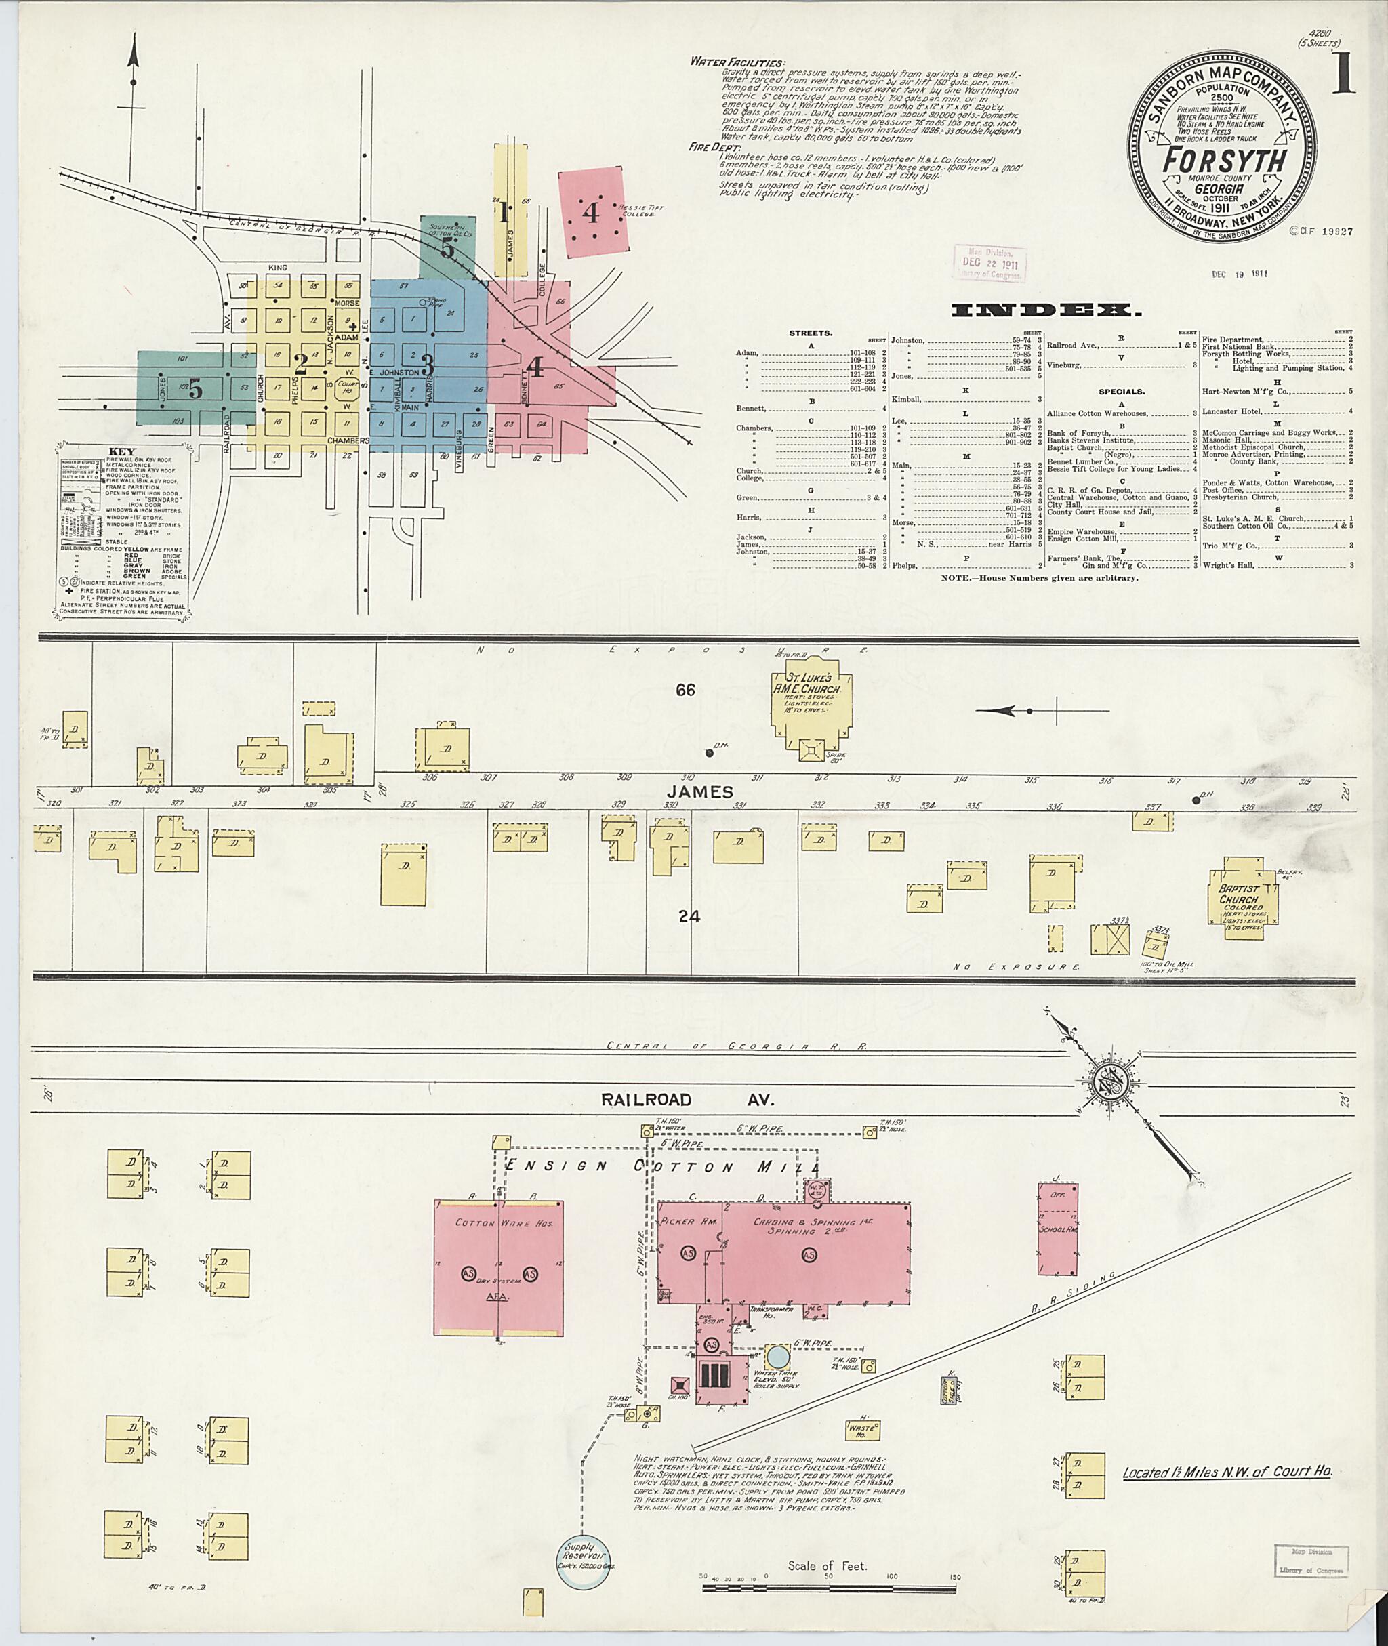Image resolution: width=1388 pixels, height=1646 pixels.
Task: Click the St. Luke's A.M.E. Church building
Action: pyautogui.click(x=812, y=703)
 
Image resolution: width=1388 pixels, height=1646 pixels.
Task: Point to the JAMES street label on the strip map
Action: pyautogui.click(x=703, y=791)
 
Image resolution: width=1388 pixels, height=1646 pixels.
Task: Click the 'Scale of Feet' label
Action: pyautogui.click(x=827, y=1567)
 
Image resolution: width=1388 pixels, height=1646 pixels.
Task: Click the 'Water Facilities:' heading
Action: pyautogui.click(x=737, y=62)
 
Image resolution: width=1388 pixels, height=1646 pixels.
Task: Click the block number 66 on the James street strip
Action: pyautogui.click(x=685, y=690)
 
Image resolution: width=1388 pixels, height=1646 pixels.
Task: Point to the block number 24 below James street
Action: pyautogui.click(x=689, y=916)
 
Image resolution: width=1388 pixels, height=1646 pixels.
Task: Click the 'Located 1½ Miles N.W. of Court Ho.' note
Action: pyautogui.click(x=1226, y=1471)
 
